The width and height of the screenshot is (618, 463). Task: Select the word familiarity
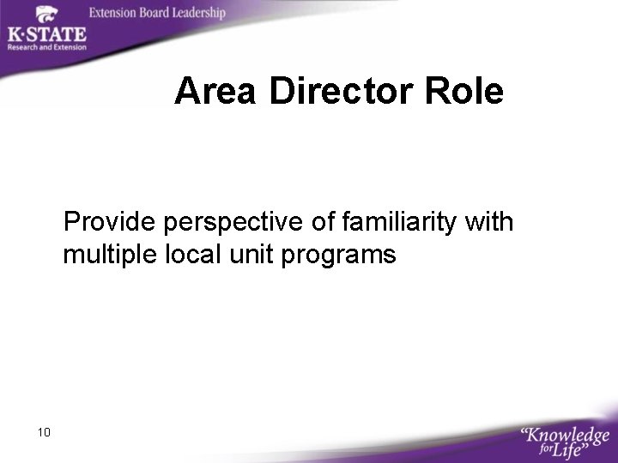(397, 223)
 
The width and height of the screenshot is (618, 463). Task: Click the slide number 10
(44, 432)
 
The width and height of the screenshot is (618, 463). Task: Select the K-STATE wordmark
(46, 34)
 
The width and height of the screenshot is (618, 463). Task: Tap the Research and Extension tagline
(47, 47)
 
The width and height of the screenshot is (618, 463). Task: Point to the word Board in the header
(152, 13)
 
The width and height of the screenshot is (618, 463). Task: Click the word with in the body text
(488, 223)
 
